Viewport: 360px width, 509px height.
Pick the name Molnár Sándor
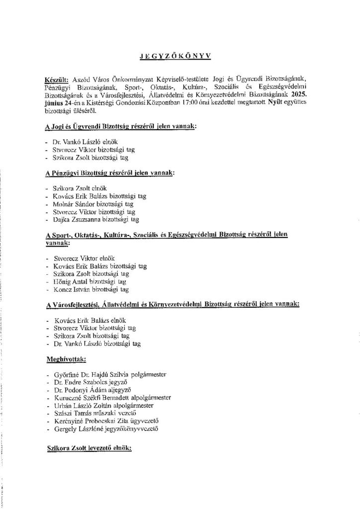73,204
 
